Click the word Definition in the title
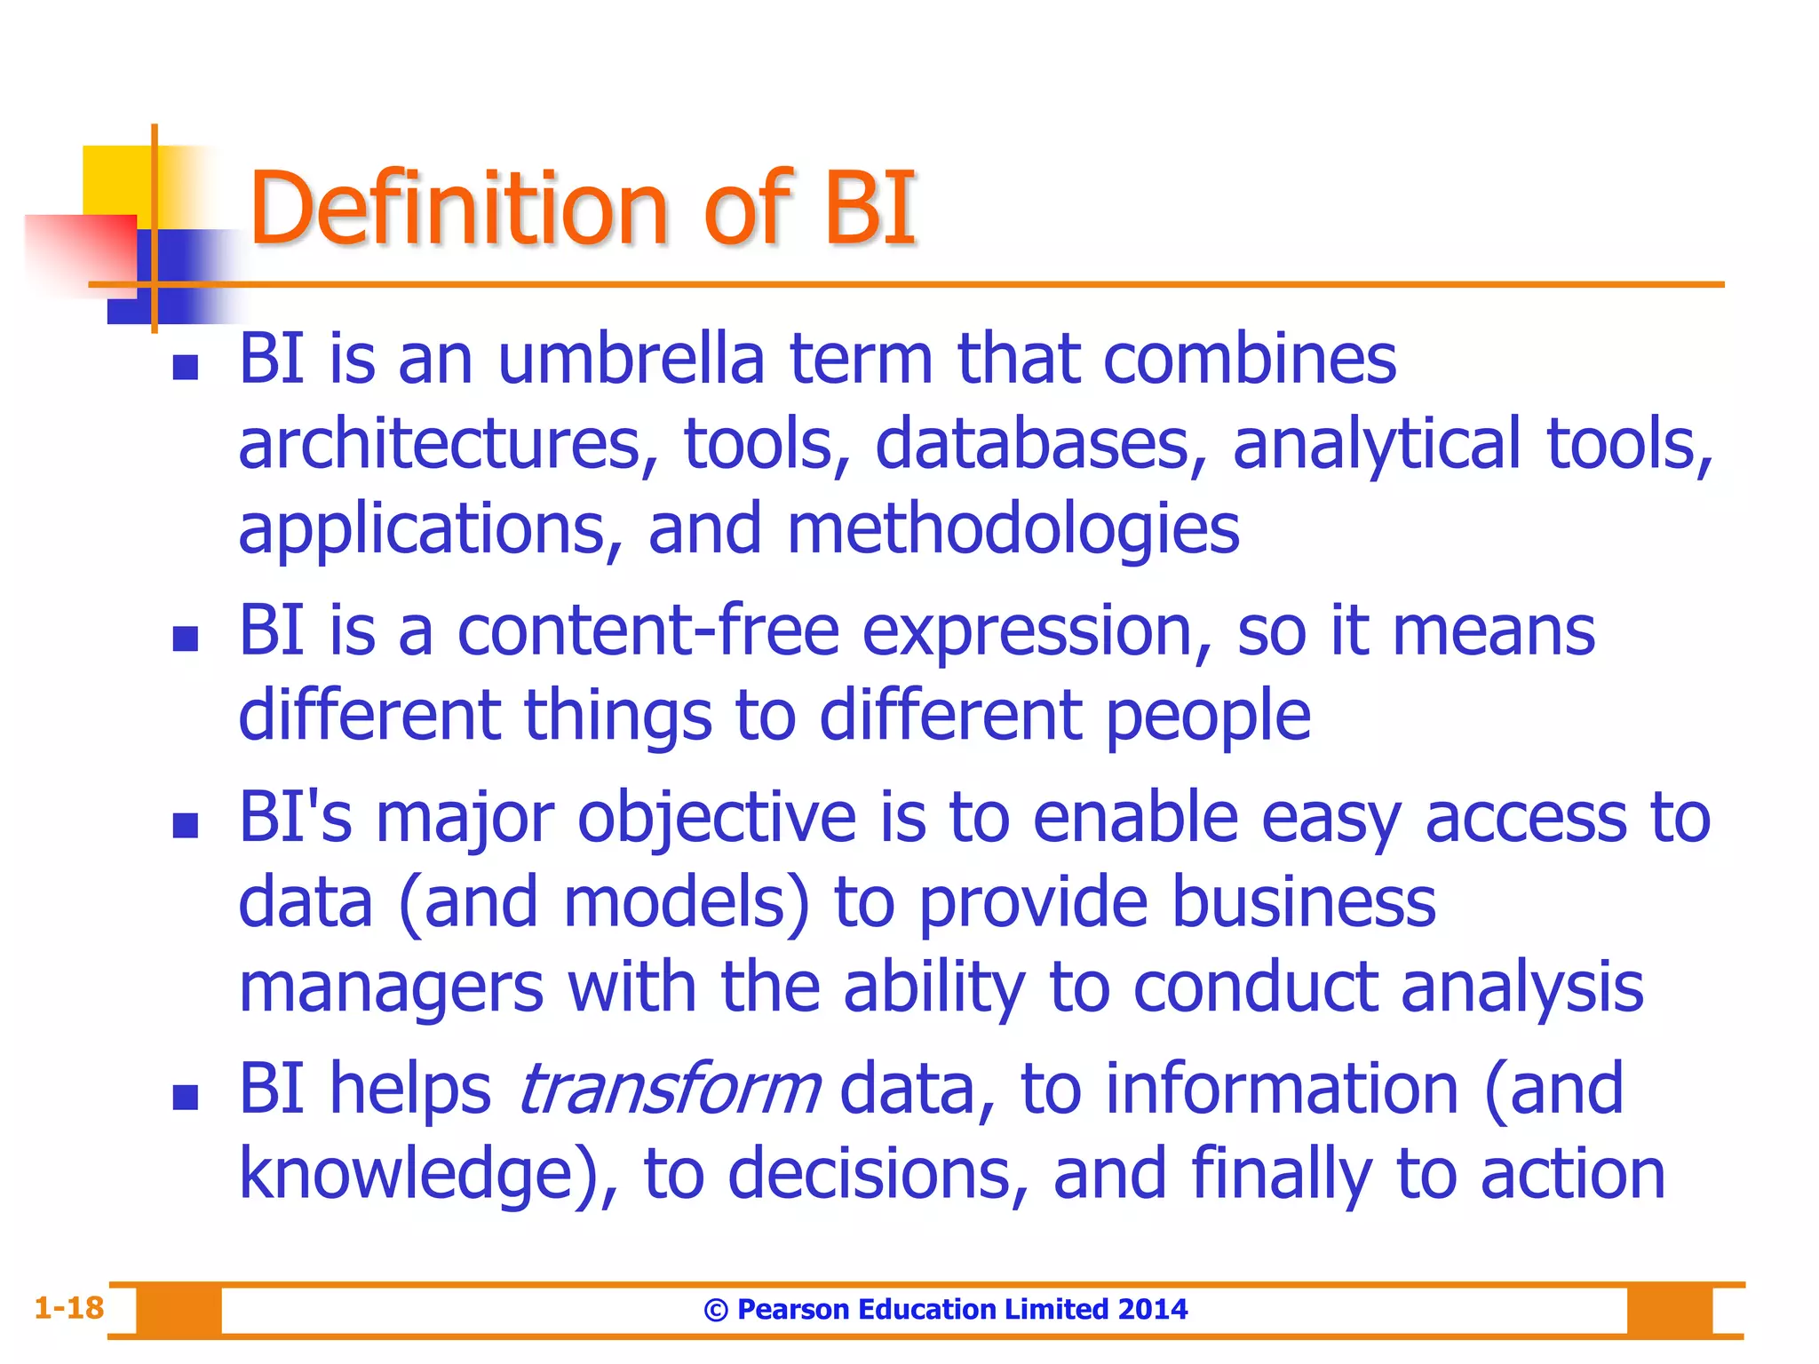(457, 210)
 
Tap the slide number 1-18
(68, 1308)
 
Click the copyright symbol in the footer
(716, 1311)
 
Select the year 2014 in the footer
(1152, 1309)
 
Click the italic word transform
(669, 1090)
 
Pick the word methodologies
(1013, 530)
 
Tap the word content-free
(648, 630)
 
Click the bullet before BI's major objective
(185, 826)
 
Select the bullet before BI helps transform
(185, 1098)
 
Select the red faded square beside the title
(80, 253)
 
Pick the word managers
(391, 988)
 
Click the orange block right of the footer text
(1669, 1311)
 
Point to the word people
(1208, 716)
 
